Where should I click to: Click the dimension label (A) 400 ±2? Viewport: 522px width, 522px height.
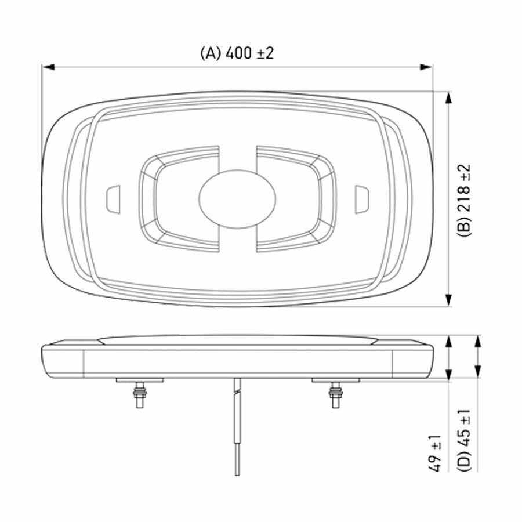coord(237,53)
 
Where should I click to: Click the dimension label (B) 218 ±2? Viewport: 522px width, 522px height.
coord(465,201)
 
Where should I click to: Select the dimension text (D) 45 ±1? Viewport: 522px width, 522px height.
coord(464,440)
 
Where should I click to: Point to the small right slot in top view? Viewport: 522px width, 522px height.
coord(361,199)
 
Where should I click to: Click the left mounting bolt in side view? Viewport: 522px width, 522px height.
coord(140,395)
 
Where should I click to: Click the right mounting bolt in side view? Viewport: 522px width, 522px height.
coord(335,395)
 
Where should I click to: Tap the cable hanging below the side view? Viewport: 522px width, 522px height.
coord(237,429)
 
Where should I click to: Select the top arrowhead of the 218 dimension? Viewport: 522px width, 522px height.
coord(448,98)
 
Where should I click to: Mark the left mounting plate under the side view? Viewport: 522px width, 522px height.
coord(140,380)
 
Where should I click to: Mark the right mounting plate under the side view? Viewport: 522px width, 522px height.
coord(335,380)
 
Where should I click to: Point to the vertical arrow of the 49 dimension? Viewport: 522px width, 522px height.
coord(449,358)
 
